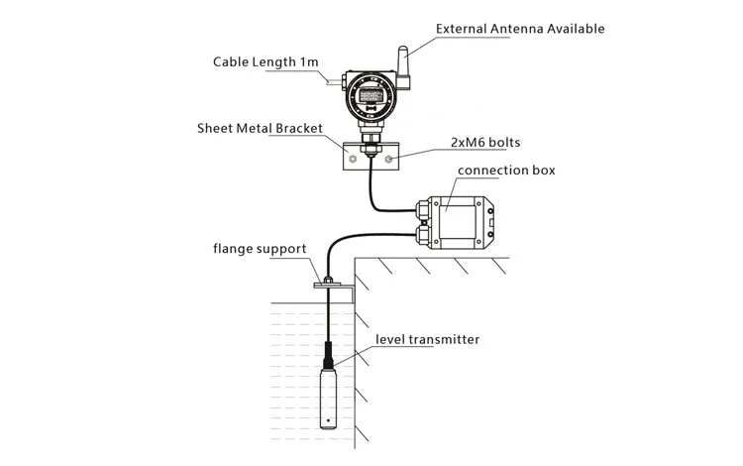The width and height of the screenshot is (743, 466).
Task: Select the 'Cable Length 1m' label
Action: [265, 61]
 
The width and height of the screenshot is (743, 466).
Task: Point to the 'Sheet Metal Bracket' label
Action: [254, 128]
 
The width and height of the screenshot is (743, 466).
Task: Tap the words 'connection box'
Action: [506, 171]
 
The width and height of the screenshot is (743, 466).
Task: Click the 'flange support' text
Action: [261, 248]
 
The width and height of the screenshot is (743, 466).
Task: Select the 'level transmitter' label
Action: [427, 339]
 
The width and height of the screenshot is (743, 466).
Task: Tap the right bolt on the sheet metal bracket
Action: [390, 158]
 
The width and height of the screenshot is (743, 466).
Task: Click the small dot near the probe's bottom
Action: [328, 418]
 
